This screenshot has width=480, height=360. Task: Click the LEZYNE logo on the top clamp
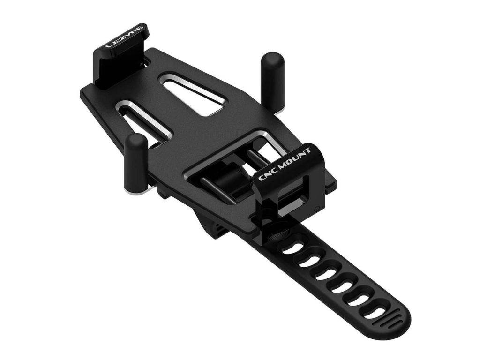tap(124, 37)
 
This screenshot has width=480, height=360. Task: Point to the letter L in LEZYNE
tap(109, 45)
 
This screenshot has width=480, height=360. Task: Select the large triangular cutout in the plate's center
tap(192, 93)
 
